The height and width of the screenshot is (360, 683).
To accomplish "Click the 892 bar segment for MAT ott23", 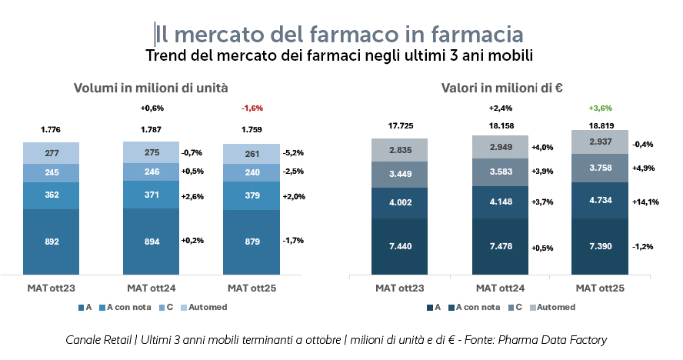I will (x=52, y=241).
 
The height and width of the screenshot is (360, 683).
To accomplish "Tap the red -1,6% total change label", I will (x=252, y=108).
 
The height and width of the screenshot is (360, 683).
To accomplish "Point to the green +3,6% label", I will (x=600, y=108).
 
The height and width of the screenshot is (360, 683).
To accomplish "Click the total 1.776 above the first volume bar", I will (x=52, y=129).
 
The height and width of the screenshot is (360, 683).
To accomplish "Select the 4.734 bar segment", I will (x=600, y=202).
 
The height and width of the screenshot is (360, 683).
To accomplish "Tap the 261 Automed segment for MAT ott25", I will (x=252, y=153).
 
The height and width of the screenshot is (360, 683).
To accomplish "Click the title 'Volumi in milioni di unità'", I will (x=151, y=88).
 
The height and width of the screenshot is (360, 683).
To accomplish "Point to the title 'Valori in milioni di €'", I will (x=502, y=88).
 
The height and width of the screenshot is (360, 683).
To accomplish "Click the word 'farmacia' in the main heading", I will (x=478, y=34).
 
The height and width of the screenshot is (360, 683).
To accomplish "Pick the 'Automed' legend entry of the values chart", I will (x=552, y=307).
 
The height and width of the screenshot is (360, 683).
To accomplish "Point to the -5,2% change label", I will (x=294, y=152).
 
